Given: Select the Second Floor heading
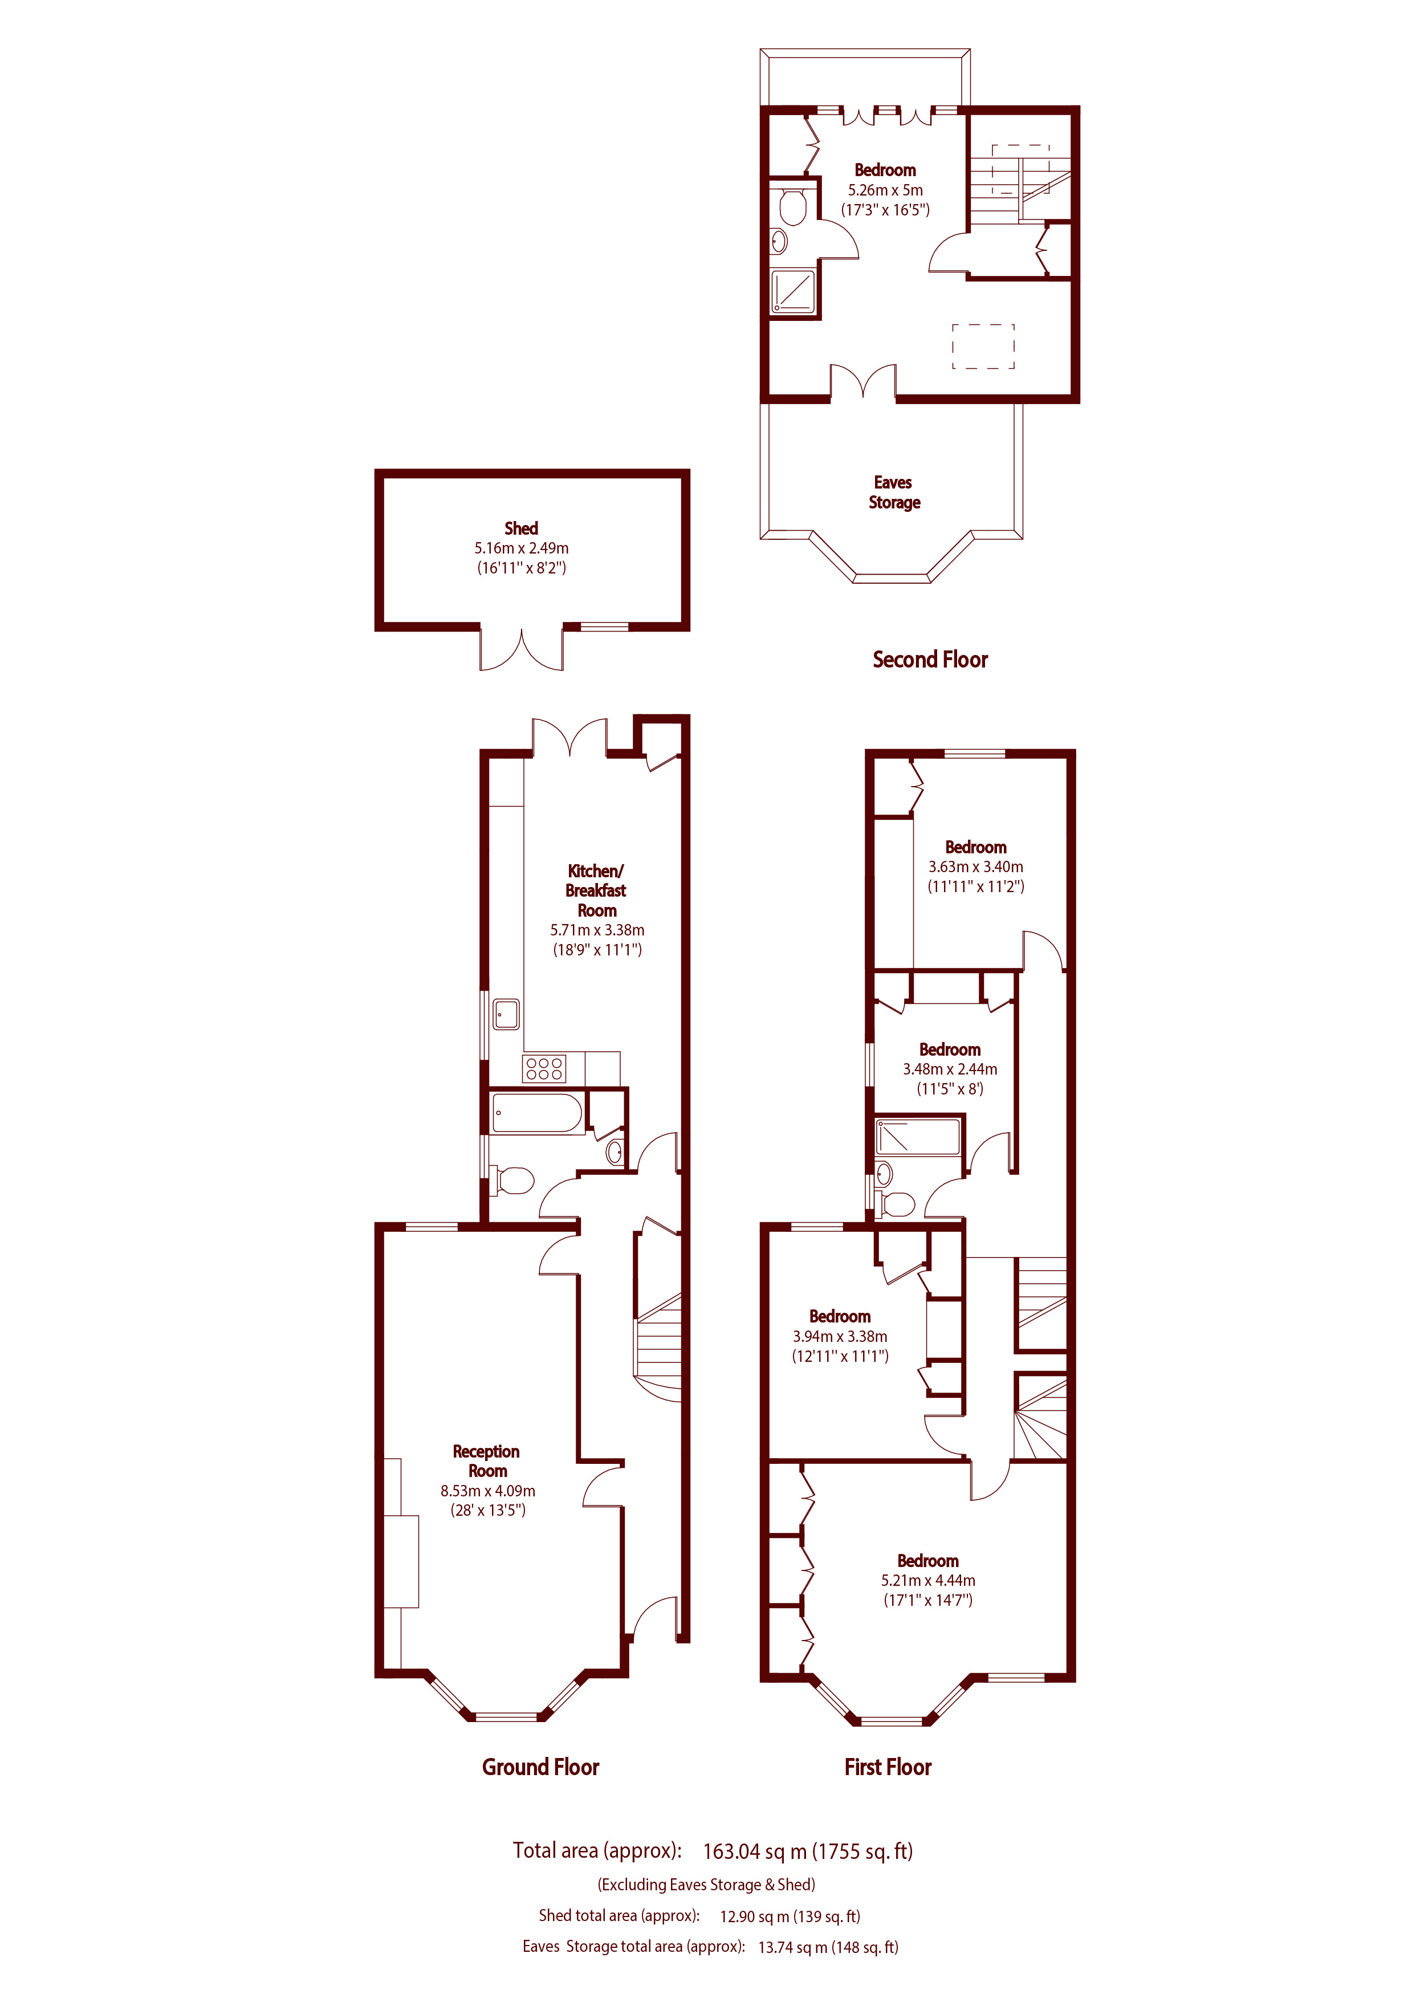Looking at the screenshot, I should [x=930, y=660].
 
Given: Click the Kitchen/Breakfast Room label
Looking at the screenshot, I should [x=596, y=890].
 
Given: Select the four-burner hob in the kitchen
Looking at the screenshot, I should [x=544, y=1068].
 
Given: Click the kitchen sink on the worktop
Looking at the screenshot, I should [x=506, y=1014].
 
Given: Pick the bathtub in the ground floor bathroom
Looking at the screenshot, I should [x=536, y=1113].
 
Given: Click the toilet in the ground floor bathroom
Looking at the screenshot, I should [x=514, y=1181].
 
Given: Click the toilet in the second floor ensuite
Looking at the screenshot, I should [x=792, y=207].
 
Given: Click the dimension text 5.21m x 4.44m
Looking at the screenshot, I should [x=927, y=1580].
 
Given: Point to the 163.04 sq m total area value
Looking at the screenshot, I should [x=807, y=1851].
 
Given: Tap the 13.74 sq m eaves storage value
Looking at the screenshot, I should [x=828, y=1947].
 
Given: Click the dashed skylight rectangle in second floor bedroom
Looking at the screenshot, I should [x=983, y=346].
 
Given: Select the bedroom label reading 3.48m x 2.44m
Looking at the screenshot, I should [x=950, y=1068].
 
